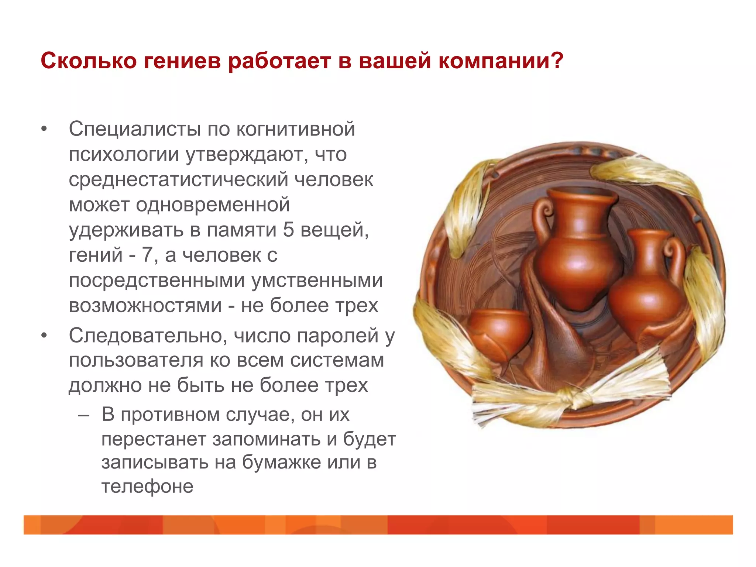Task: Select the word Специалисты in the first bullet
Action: click(x=135, y=129)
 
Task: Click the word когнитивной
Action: click(x=296, y=129)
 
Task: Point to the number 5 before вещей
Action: click(x=288, y=230)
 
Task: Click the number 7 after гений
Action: click(x=147, y=255)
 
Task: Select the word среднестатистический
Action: click(x=179, y=180)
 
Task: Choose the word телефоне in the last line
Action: click(x=147, y=487)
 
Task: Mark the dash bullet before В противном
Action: click(x=84, y=415)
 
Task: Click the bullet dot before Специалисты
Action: click(x=44, y=130)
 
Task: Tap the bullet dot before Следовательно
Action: click(x=44, y=336)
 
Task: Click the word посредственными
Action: click(x=157, y=281)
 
